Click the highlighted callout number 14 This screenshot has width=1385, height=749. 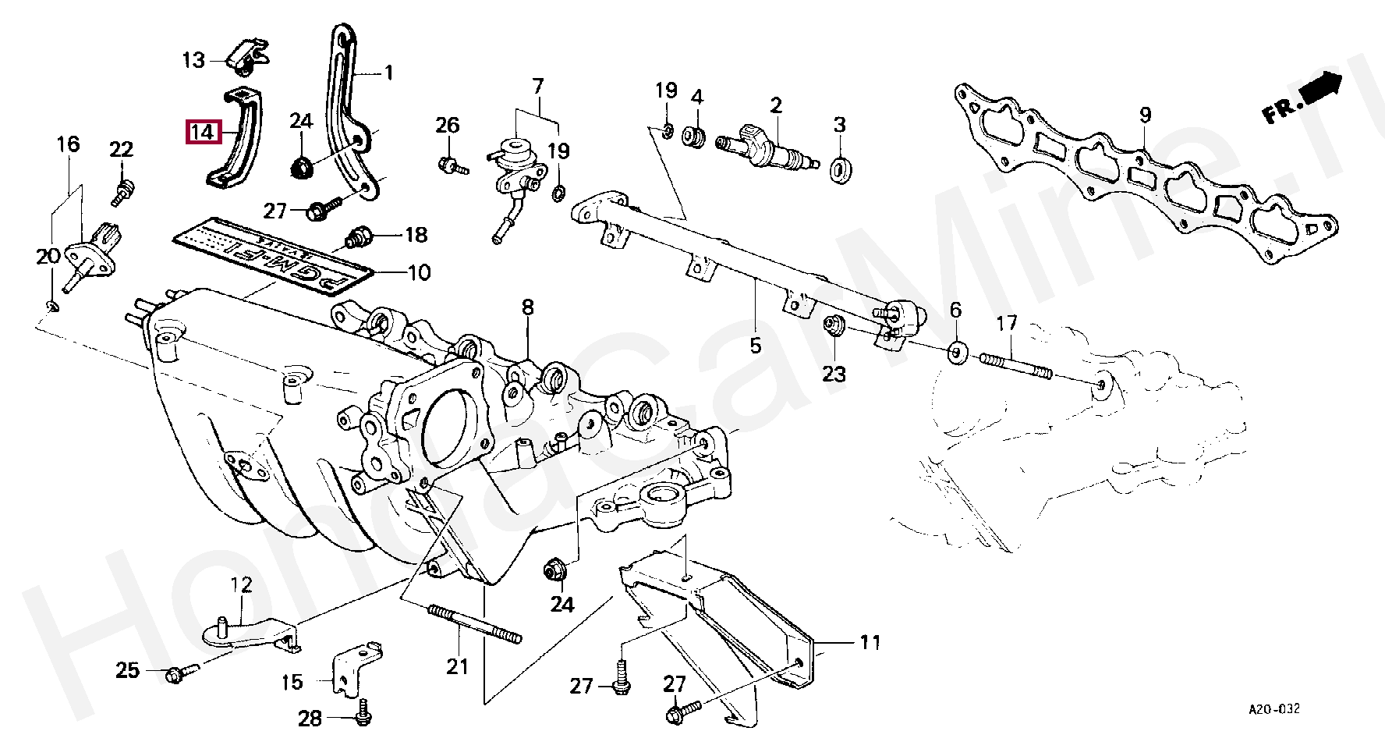point(202,132)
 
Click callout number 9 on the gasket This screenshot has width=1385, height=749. point(1145,116)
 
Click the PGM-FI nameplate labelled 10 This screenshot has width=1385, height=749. point(273,255)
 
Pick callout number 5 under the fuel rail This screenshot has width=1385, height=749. point(755,344)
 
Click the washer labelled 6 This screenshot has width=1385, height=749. point(957,353)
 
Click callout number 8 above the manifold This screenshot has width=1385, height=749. point(528,308)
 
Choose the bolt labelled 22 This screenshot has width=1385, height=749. point(122,191)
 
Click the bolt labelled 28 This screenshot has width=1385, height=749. point(363,715)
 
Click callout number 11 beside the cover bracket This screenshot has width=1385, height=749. point(870,643)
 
